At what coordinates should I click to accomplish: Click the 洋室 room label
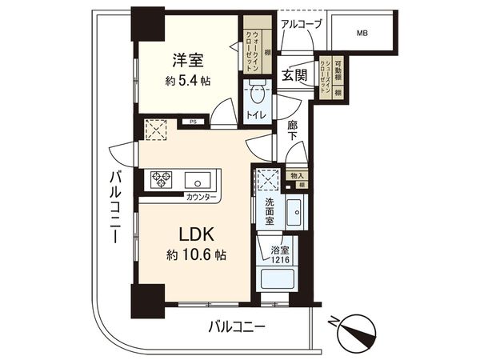(185, 60)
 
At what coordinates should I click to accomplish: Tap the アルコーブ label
(302, 24)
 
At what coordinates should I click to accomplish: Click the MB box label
(363, 34)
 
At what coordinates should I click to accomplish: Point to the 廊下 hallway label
(293, 131)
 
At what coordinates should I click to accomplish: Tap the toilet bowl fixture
(256, 96)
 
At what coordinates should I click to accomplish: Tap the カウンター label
(200, 196)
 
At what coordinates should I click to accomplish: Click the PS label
(193, 122)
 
